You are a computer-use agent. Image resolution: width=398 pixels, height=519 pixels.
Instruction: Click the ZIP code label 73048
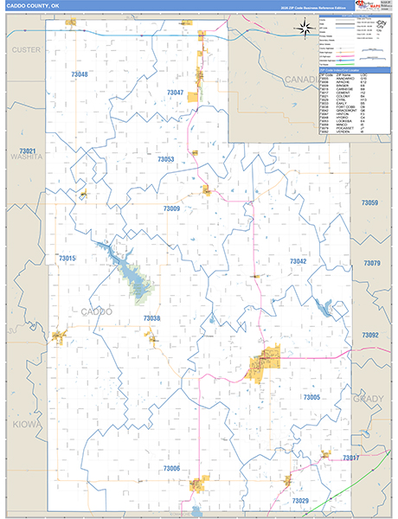click(x=79, y=75)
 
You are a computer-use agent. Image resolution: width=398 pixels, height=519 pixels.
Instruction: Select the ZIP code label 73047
click(x=176, y=93)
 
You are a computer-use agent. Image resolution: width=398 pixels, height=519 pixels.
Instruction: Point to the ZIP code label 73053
click(x=166, y=159)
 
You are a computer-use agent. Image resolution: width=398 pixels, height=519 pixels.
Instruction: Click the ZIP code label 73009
click(x=171, y=208)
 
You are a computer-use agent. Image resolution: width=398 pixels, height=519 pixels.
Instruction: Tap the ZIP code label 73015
click(x=67, y=259)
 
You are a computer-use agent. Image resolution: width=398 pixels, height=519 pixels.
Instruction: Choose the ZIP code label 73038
click(x=151, y=319)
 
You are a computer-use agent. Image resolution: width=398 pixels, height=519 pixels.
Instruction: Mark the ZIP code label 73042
click(x=298, y=261)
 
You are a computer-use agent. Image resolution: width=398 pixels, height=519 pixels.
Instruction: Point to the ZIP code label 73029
click(x=300, y=501)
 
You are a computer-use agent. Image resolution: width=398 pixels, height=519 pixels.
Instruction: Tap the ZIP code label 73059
click(x=370, y=202)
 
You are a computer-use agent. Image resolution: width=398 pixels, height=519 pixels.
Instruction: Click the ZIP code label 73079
click(x=372, y=262)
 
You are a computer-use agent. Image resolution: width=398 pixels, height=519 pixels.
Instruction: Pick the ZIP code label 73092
click(x=370, y=335)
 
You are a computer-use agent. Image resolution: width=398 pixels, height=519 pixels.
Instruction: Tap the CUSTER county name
click(x=26, y=50)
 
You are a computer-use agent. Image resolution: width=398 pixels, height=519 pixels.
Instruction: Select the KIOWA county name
click(x=24, y=426)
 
